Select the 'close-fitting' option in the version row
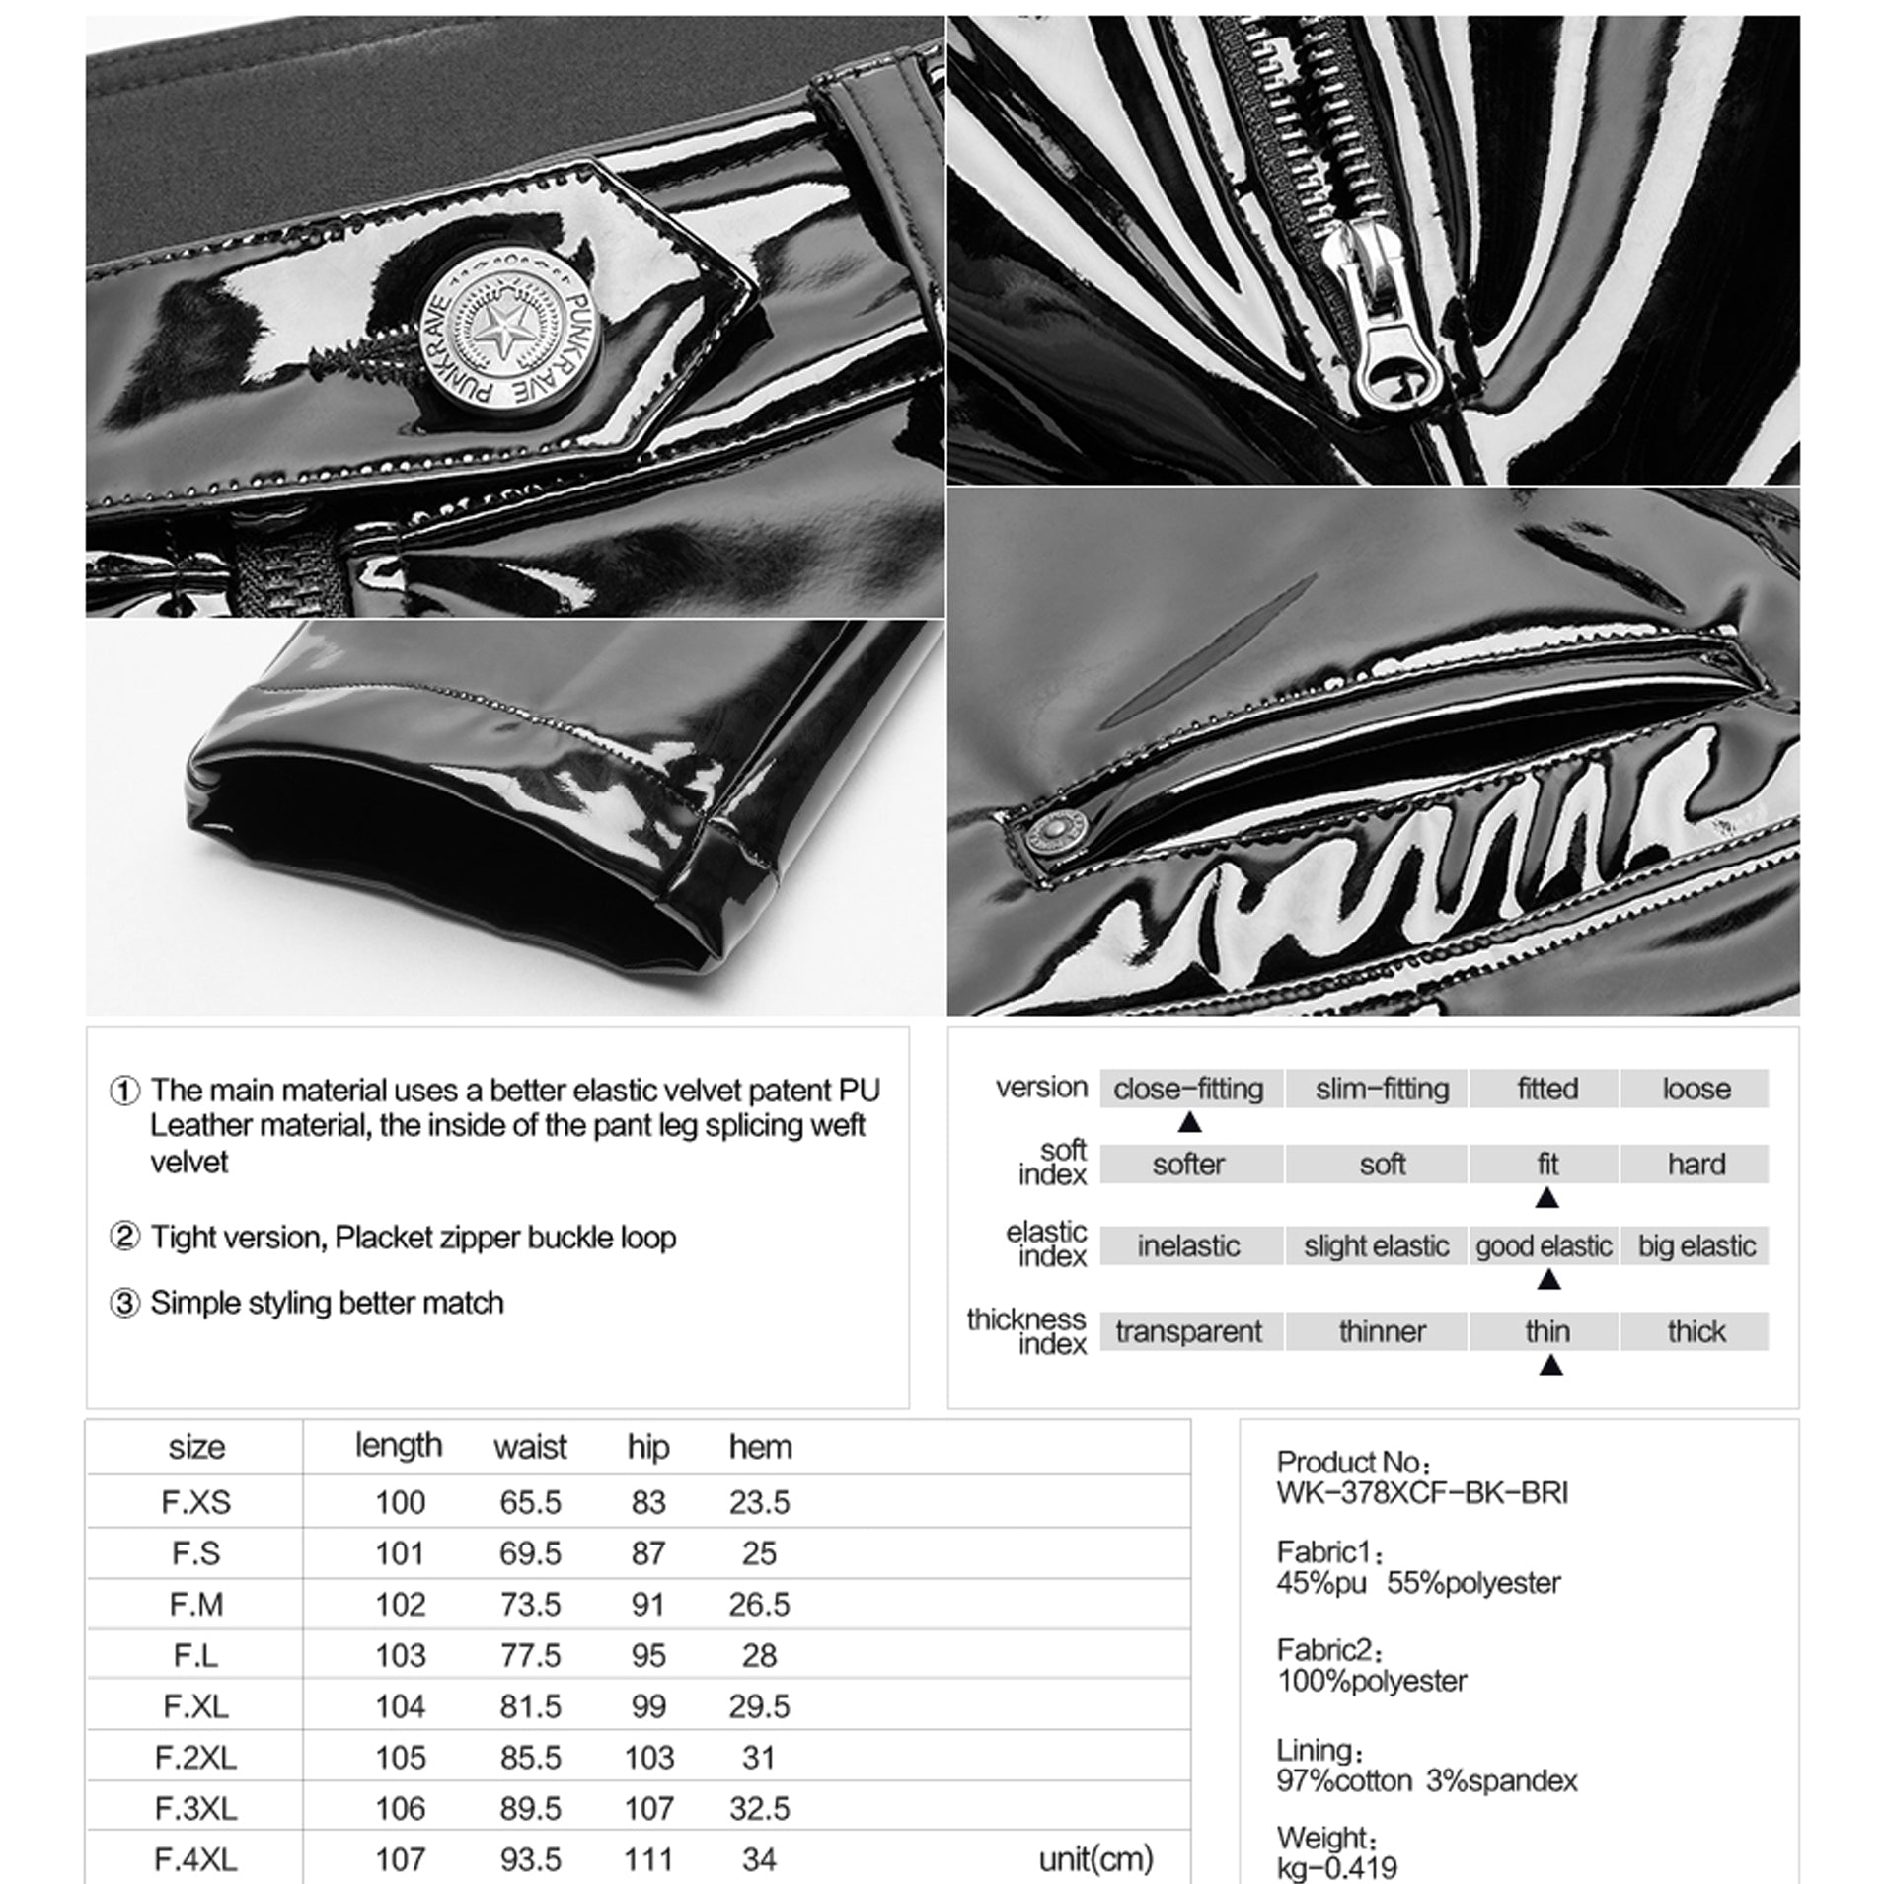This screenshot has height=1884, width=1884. point(1188,1089)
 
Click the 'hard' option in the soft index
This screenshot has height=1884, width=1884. point(1696,1165)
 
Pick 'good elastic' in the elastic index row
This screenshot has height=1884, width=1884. point(1544,1246)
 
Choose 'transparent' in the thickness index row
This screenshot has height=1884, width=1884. point(1188,1332)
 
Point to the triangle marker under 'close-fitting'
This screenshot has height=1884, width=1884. point(1190,1122)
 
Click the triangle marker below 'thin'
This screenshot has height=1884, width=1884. point(1550,1366)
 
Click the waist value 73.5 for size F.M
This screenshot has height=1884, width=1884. point(530,1605)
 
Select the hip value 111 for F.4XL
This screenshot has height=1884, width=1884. point(647,1860)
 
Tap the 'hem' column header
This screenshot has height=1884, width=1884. point(760,1447)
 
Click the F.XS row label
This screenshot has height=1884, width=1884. point(195,1502)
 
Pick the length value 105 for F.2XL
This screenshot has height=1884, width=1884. point(400,1758)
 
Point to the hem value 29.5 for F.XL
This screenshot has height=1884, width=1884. point(759,1706)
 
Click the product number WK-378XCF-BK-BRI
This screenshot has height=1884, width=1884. point(1421,1492)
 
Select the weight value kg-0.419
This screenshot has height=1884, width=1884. point(1337,1867)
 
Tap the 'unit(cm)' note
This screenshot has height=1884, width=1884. point(1095,1860)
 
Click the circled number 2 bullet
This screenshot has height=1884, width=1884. point(124,1237)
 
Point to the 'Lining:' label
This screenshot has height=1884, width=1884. point(1319,1751)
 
